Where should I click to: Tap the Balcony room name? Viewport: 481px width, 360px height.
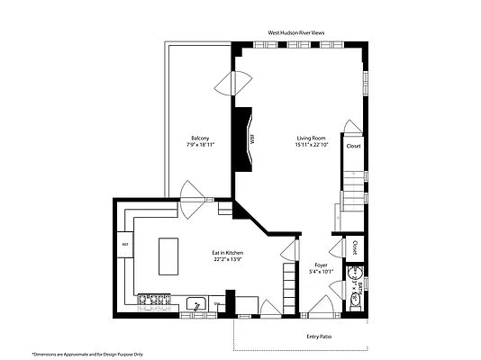(200, 138)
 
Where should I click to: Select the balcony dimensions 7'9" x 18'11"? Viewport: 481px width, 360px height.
(200, 144)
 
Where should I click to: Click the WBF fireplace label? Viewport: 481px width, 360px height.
(253, 139)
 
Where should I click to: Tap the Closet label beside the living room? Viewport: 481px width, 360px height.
(353, 146)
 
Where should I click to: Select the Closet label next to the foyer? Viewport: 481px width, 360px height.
(355, 247)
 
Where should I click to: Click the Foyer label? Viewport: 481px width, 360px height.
(321, 265)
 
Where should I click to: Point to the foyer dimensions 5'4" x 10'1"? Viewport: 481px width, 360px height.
(321, 271)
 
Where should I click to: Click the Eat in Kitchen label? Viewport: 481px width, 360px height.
(227, 253)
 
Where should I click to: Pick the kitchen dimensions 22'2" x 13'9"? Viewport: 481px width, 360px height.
(227, 259)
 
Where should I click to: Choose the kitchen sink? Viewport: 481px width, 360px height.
(197, 302)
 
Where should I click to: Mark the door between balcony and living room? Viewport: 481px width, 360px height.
(233, 83)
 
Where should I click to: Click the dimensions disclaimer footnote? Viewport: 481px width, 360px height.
(87, 354)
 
